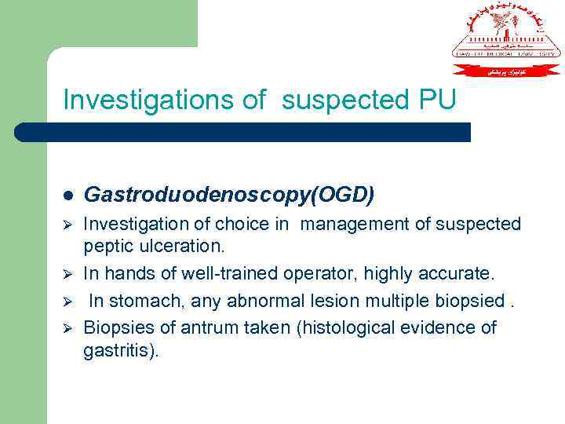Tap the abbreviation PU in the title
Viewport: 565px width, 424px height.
[433, 100]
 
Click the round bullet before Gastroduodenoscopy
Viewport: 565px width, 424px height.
[68, 194]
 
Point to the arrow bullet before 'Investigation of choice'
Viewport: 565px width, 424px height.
[68, 225]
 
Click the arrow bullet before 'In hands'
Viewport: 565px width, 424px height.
[68, 275]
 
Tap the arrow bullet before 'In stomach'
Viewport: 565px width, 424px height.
[68, 301]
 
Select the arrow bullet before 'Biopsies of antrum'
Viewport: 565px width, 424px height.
[68, 327]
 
